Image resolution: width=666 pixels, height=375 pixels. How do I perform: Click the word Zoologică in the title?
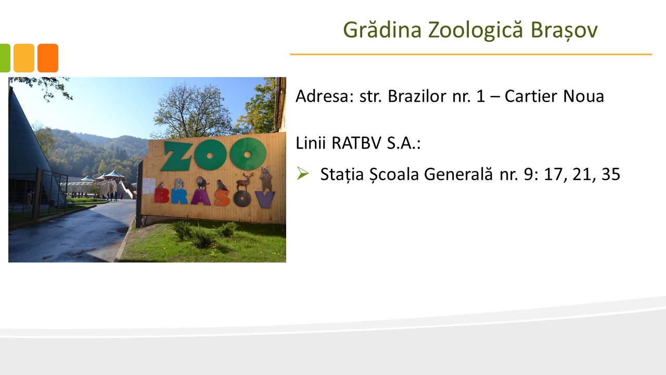click(476, 30)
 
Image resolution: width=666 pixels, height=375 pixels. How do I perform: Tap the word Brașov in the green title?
click(564, 30)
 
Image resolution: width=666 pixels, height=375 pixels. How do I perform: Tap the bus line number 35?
click(611, 174)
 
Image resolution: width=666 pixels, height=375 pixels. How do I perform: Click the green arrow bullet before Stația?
click(303, 173)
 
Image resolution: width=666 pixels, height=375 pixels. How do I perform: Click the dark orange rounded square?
click(48, 58)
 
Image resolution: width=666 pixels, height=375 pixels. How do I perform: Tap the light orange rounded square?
click(24, 58)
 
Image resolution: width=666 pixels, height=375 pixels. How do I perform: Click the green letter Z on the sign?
click(177, 157)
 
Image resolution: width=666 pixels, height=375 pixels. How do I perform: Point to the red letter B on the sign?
click(161, 196)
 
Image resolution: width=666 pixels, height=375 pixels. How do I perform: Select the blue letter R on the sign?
click(179, 197)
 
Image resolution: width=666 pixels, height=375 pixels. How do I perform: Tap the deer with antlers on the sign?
click(245, 181)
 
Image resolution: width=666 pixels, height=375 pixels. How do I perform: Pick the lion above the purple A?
click(202, 183)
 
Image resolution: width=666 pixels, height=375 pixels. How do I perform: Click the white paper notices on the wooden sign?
click(149, 186)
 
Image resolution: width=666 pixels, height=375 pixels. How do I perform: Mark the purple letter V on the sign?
click(265, 199)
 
